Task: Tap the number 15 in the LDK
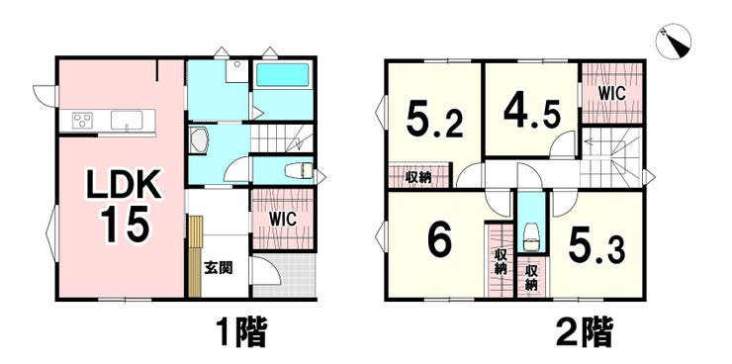tap(125, 224)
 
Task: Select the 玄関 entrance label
tap(219, 268)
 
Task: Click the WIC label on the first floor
tap(283, 220)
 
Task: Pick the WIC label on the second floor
tap(612, 93)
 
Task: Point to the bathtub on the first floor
tap(283, 74)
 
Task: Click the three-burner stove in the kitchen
tap(82, 121)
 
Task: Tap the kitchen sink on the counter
tap(127, 121)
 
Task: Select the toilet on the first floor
tap(299, 170)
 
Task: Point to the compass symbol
tap(673, 41)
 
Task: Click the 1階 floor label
tap(241, 332)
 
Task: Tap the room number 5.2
tap(434, 120)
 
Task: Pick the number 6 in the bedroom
tap(439, 240)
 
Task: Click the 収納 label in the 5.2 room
tap(417, 177)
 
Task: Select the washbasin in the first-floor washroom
tap(199, 140)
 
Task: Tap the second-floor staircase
tap(611, 157)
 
